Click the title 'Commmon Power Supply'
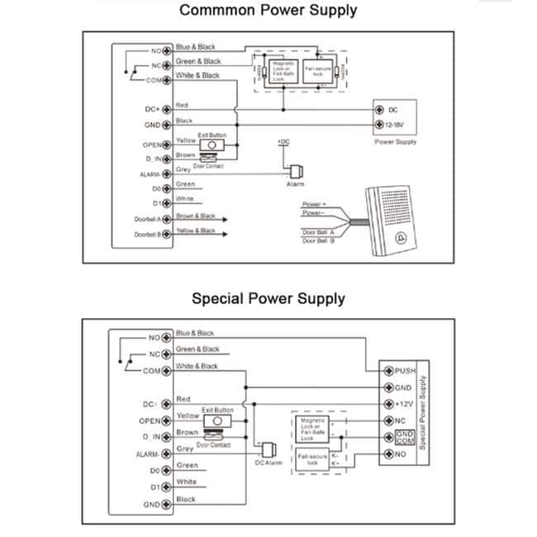tap(268, 11)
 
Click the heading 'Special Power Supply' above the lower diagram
tap(268, 298)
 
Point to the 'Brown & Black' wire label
tap(195, 216)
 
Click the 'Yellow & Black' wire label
tap(196, 231)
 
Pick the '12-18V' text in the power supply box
tap(395, 126)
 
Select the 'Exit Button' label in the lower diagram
tap(217, 410)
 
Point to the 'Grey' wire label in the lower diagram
tap(185, 449)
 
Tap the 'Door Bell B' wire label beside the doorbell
tap(318, 240)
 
